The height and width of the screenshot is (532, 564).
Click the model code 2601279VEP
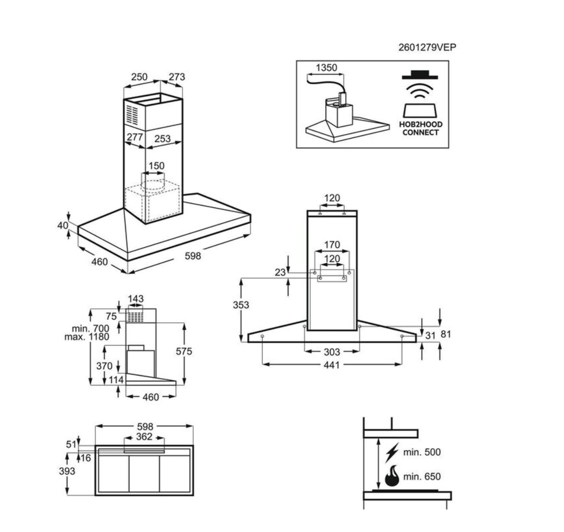(427, 47)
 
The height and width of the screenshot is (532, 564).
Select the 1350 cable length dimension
(326, 68)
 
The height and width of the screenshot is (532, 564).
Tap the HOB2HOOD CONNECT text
(421, 129)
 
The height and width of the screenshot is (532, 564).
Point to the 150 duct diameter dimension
(156, 166)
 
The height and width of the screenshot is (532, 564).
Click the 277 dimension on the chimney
(134, 137)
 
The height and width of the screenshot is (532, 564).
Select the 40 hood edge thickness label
(63, 225)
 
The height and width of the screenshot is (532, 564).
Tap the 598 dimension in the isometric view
(193, 256)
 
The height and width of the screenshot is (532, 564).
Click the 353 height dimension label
(241, 305)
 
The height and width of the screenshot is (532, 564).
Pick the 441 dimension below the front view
(331, 365)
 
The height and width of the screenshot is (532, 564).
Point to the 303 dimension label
(332, 352)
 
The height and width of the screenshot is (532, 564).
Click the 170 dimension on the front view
(332, 245)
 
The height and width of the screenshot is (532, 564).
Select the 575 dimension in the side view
(184, 351)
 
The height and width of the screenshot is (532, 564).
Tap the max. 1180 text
(87, 337)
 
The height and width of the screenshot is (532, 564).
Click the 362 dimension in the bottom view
(144, 437)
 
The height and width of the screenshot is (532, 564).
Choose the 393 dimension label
(67, 471)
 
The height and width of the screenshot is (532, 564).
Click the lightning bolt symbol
(392, 452)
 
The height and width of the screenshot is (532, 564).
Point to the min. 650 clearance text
(422, 476)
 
